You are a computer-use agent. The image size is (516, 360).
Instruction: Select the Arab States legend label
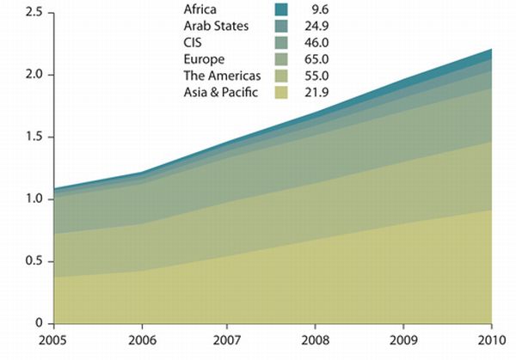click(x=217, y=26)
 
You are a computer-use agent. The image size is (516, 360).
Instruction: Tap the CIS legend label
click(x=195, y=42)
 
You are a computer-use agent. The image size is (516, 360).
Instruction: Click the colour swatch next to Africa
click(x=280, y=9)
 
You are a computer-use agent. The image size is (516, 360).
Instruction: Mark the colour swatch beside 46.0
click(x=280, y=42)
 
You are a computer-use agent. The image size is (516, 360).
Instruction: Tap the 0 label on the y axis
click(x=38, y=323)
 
